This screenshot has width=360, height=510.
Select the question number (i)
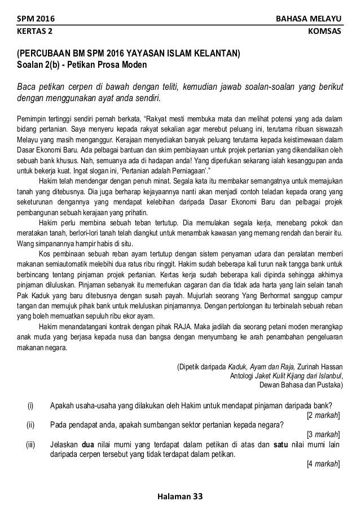[x=31, y=406]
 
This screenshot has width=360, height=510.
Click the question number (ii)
[x=31, y=425]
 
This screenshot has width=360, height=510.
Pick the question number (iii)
[x=31, y=444]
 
